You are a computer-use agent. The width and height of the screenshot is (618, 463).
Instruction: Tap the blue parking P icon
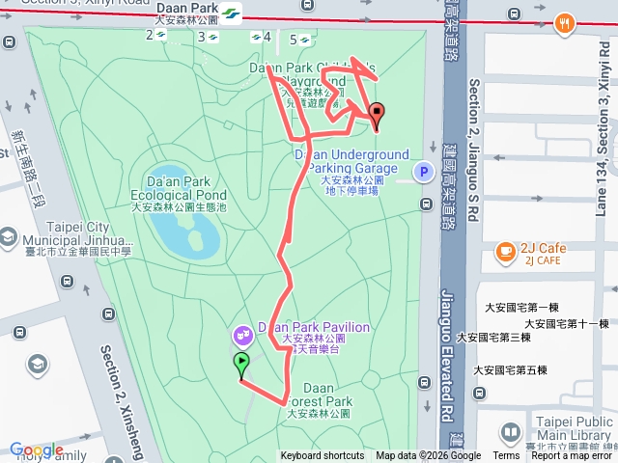tap(422, 173)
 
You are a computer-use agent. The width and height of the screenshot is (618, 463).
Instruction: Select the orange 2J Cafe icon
tap(505, 252)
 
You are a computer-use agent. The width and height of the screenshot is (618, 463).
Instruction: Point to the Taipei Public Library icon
tap(511, 434)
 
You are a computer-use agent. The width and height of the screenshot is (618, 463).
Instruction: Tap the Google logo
tap(37, 449)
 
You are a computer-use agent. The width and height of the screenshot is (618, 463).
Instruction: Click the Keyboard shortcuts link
tap(323, 456)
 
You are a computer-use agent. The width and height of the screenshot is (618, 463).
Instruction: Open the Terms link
tap(506, 456)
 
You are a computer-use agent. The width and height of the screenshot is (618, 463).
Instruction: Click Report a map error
tap(572, 456)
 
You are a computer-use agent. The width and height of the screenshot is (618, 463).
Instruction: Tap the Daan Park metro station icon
tap(232, 14)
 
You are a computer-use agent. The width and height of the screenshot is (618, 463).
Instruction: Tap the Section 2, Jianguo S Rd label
tap(473, 150)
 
